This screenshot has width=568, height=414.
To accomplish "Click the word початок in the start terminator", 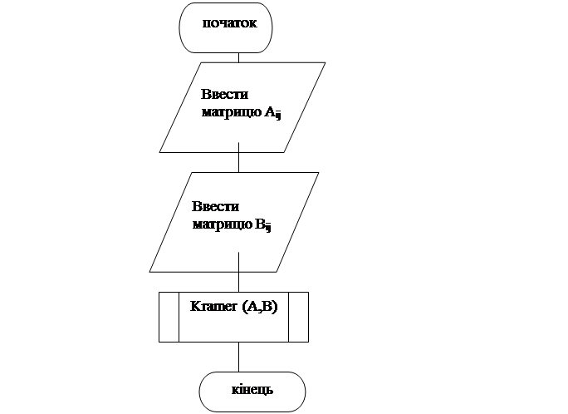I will (x=237, y=23).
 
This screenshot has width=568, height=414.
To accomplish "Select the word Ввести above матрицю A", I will (x=224, y=95).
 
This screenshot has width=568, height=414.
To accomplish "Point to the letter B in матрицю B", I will (x=260, y=224).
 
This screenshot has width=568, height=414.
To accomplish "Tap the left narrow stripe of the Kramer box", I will (x=169, y=317).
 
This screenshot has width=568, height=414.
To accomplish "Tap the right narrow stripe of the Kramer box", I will (x=298, y=317).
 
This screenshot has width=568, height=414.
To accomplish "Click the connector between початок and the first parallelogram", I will (x=238, y=56).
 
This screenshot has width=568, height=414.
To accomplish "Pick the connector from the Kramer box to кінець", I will (x=238, y=357).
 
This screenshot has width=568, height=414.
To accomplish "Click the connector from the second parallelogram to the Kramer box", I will (x=238, y=281).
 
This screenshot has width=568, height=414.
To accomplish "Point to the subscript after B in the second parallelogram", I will (x=269, y=227).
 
